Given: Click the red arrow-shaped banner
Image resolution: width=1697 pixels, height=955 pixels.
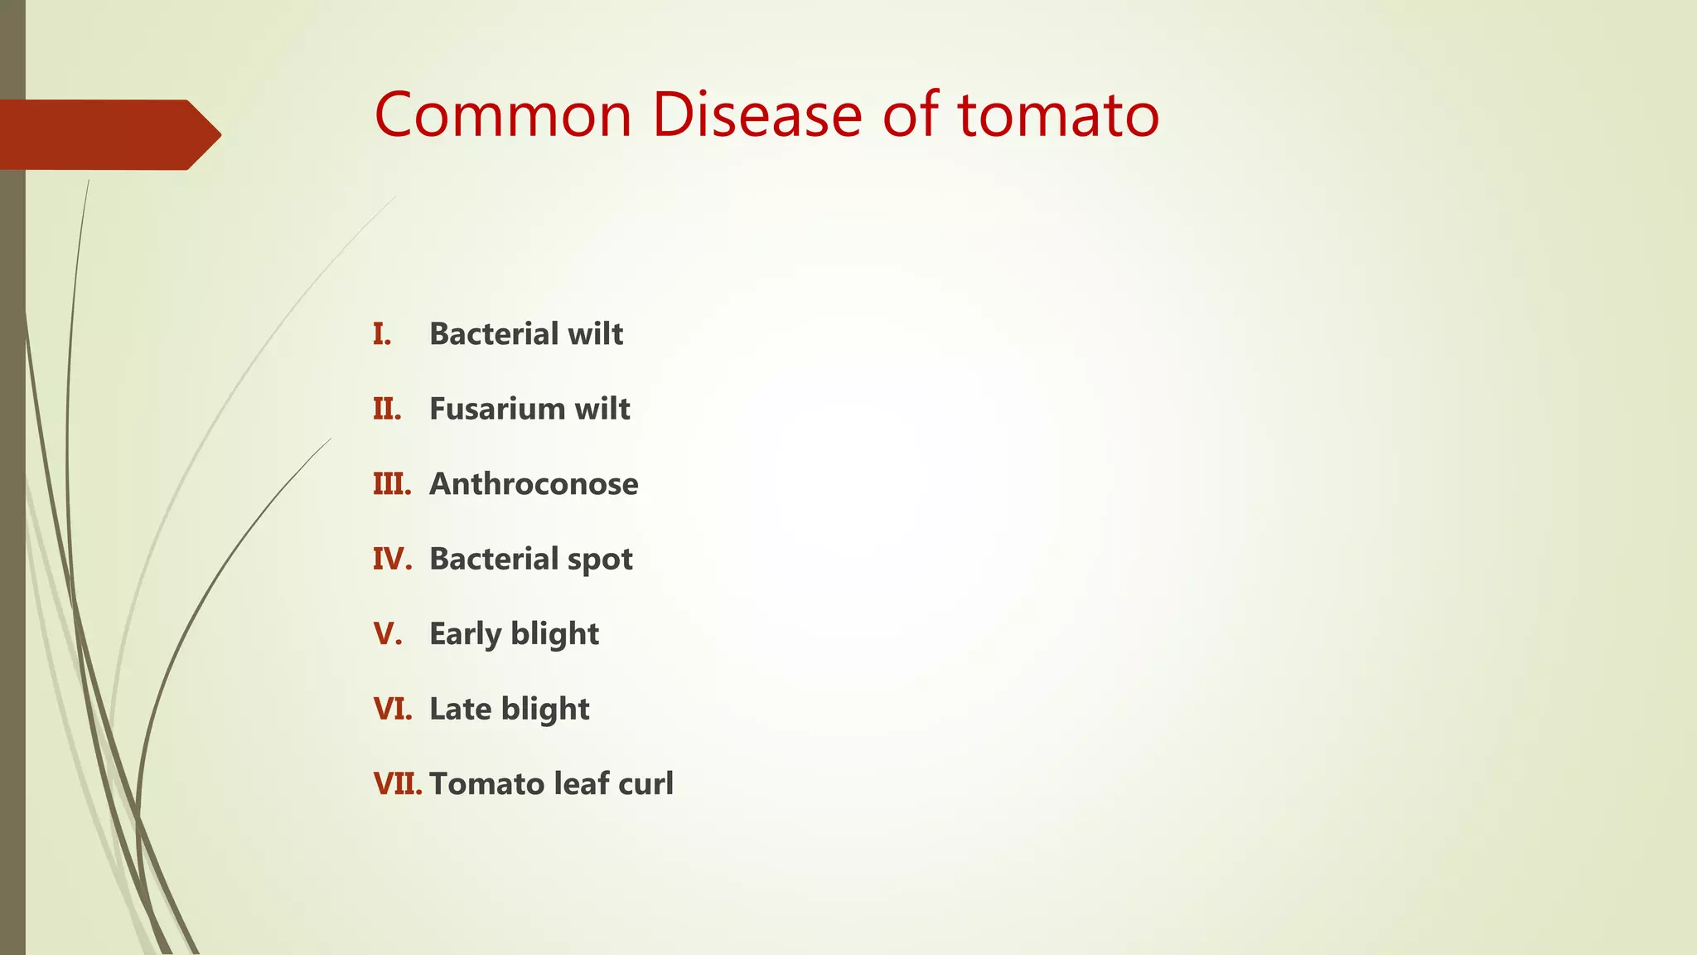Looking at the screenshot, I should pyautogui.click(x=108, y=134).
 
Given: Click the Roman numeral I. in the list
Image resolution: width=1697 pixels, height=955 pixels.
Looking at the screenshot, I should pyautogui.click(x=382, y=334).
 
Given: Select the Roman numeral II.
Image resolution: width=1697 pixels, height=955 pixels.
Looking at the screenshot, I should pyautogui.click(x=387, y=409).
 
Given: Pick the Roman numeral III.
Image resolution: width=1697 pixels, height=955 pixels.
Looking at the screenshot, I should pyautogui.click(x=392, y=484).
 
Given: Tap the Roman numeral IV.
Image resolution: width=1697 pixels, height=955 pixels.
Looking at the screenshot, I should pyautogui.click(x=392, y=559).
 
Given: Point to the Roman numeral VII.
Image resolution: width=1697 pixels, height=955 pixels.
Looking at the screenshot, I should pyautogui.click(x=398, y=784).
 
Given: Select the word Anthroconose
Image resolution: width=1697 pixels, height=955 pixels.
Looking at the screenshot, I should pyautogui.click(x=534, y=484).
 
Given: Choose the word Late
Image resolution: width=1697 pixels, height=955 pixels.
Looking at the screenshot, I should pyautogui.click(x=460, y=710).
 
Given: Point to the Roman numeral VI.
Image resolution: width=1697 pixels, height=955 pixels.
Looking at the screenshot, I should pyautogui.click(x=392, y=710).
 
